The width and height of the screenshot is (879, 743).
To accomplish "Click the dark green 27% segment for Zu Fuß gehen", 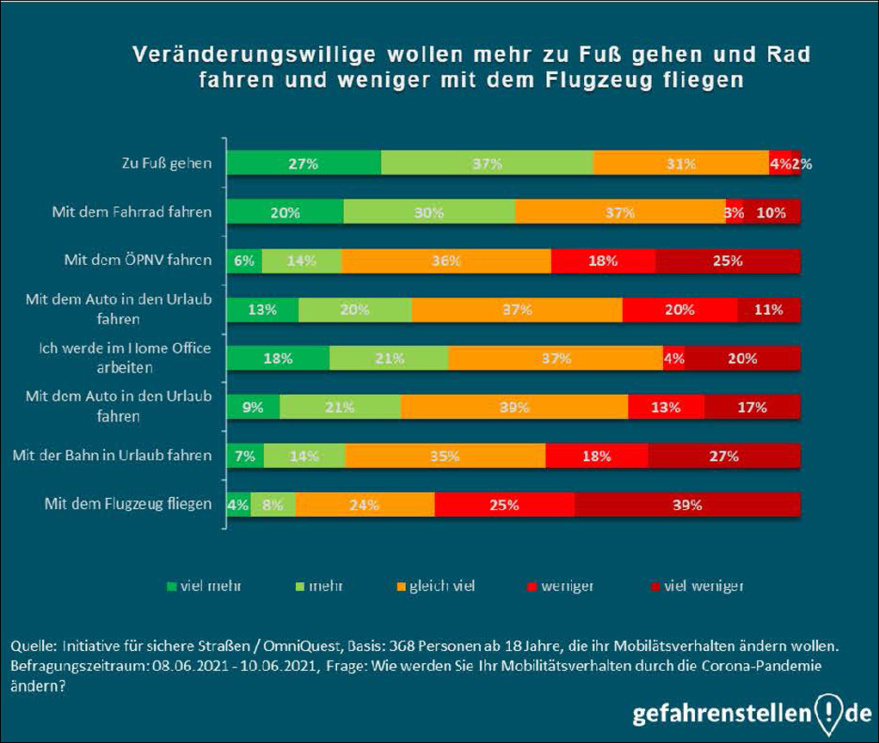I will coord(303,163).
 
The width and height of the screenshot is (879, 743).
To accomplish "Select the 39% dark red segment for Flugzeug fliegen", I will coord(687,504).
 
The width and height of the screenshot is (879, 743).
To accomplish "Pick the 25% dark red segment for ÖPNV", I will coord(728,261).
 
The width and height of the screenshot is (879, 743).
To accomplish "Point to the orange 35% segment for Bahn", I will coord(446,456).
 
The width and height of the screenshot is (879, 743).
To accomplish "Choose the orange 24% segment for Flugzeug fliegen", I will coord(365,504).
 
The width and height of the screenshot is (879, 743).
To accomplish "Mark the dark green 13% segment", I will coord(262,310).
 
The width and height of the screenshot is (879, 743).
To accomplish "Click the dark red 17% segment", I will coord(753,407).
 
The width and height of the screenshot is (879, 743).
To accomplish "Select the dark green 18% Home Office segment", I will coord(278,359).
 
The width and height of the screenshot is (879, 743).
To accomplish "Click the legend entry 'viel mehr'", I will coord(204,586).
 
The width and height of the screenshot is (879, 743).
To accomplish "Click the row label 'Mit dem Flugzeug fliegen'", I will coord(128,504).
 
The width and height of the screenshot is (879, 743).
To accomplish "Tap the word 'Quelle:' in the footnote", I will coord(32,645).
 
